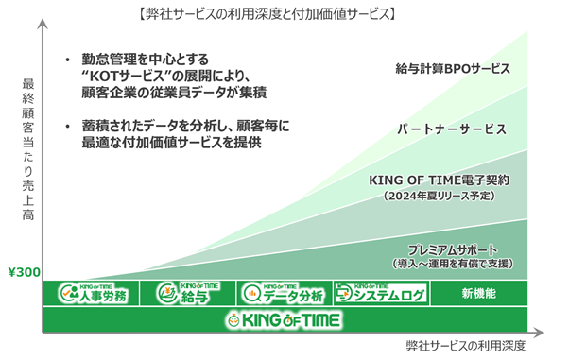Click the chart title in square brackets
267,14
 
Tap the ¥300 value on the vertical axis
24,272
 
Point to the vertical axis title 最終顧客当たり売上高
28,149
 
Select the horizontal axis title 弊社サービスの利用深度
466,346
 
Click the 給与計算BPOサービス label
453,69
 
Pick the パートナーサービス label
452,129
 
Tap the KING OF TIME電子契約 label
440,180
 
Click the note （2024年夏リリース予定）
440,196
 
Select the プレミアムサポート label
453,250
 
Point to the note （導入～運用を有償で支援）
453,264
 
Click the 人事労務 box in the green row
91,293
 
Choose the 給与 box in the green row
187,293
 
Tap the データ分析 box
284,293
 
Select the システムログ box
381,293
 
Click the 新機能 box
479,293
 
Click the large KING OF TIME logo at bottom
284,320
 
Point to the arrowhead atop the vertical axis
43,24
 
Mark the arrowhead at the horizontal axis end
539,333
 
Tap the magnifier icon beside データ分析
252,294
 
